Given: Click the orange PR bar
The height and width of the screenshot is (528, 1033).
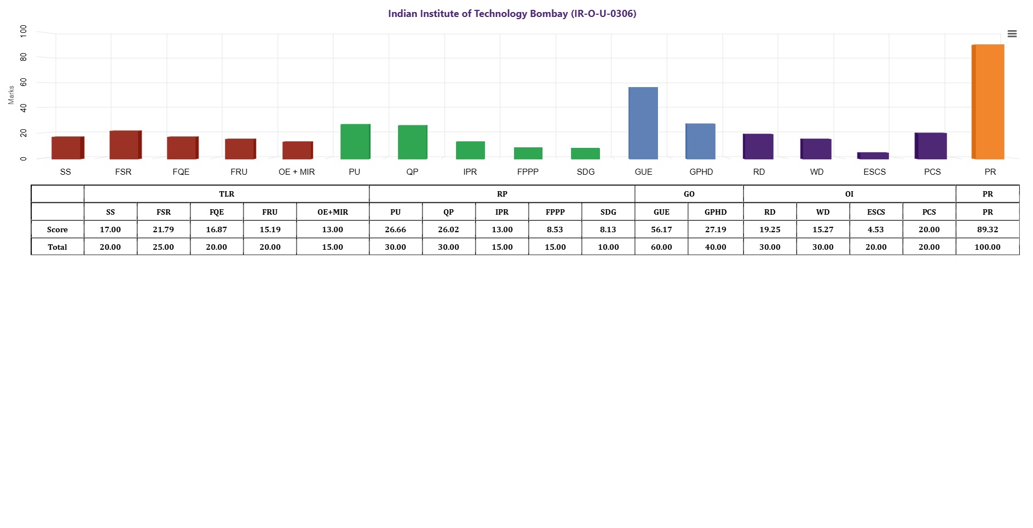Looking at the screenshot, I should coord(988,102).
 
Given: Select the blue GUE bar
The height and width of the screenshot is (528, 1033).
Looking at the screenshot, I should coord(643,123).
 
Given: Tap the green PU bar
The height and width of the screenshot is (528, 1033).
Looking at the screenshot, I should coord(355,141).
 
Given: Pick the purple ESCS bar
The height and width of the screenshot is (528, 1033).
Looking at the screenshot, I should coord(873,156).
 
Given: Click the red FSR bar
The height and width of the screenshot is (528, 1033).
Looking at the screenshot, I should coord(125,145).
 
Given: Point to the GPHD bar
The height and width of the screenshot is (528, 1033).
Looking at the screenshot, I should coord(701,141).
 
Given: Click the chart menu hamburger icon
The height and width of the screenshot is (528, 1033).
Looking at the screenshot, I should coord(1012,34).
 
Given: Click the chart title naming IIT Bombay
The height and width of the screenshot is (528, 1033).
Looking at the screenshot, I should coord(512,14).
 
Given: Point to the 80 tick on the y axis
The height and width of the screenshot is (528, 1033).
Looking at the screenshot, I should coord(23,57).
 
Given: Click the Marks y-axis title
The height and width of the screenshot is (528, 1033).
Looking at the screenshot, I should coord(11,95).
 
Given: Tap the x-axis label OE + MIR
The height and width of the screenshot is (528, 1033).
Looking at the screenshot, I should coord(297,172).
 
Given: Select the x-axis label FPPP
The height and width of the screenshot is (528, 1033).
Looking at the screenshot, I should coord(528,172).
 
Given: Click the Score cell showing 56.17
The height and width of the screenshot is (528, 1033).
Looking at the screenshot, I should coord(661,229).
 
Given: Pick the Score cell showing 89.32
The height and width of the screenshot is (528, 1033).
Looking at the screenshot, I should coord(988,229).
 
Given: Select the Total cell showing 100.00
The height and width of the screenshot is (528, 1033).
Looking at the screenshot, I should coord(988,247).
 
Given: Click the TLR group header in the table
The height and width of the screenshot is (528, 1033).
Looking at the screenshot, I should coord(227,194).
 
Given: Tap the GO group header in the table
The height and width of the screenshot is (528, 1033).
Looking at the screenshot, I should coord(689,194).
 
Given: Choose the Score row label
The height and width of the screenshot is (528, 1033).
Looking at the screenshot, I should coord(57,229).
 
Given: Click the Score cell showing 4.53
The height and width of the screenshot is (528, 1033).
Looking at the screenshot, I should coord(876,229).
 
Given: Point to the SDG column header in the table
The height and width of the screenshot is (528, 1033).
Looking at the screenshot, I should coord(608,212).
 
